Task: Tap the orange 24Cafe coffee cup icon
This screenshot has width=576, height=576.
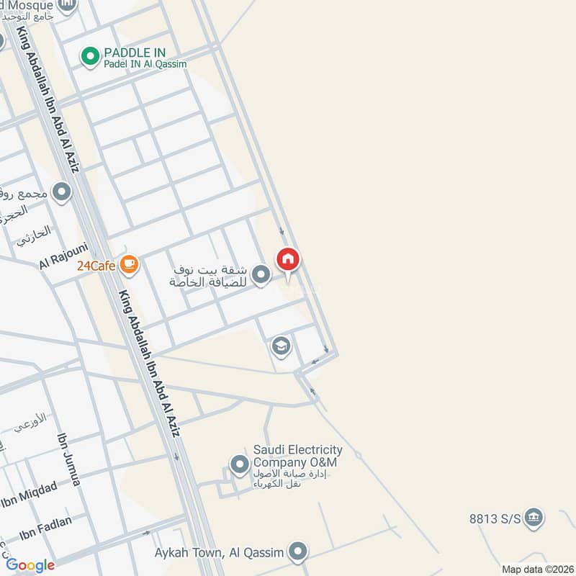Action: tap(130, 265)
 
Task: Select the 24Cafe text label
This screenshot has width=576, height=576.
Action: tap(96, 266)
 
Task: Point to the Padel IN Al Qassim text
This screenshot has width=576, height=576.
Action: tap(145, 64)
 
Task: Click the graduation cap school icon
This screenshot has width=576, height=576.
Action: tap(281, 347)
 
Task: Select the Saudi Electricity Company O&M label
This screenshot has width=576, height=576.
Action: tap(297, 456)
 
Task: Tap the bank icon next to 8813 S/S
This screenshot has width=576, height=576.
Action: tap(534, 518)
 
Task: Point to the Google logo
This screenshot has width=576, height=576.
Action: tap(30, 565)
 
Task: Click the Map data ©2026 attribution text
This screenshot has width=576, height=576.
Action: tap(536, 570)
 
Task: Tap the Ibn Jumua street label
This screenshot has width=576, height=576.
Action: tap(68, 459)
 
